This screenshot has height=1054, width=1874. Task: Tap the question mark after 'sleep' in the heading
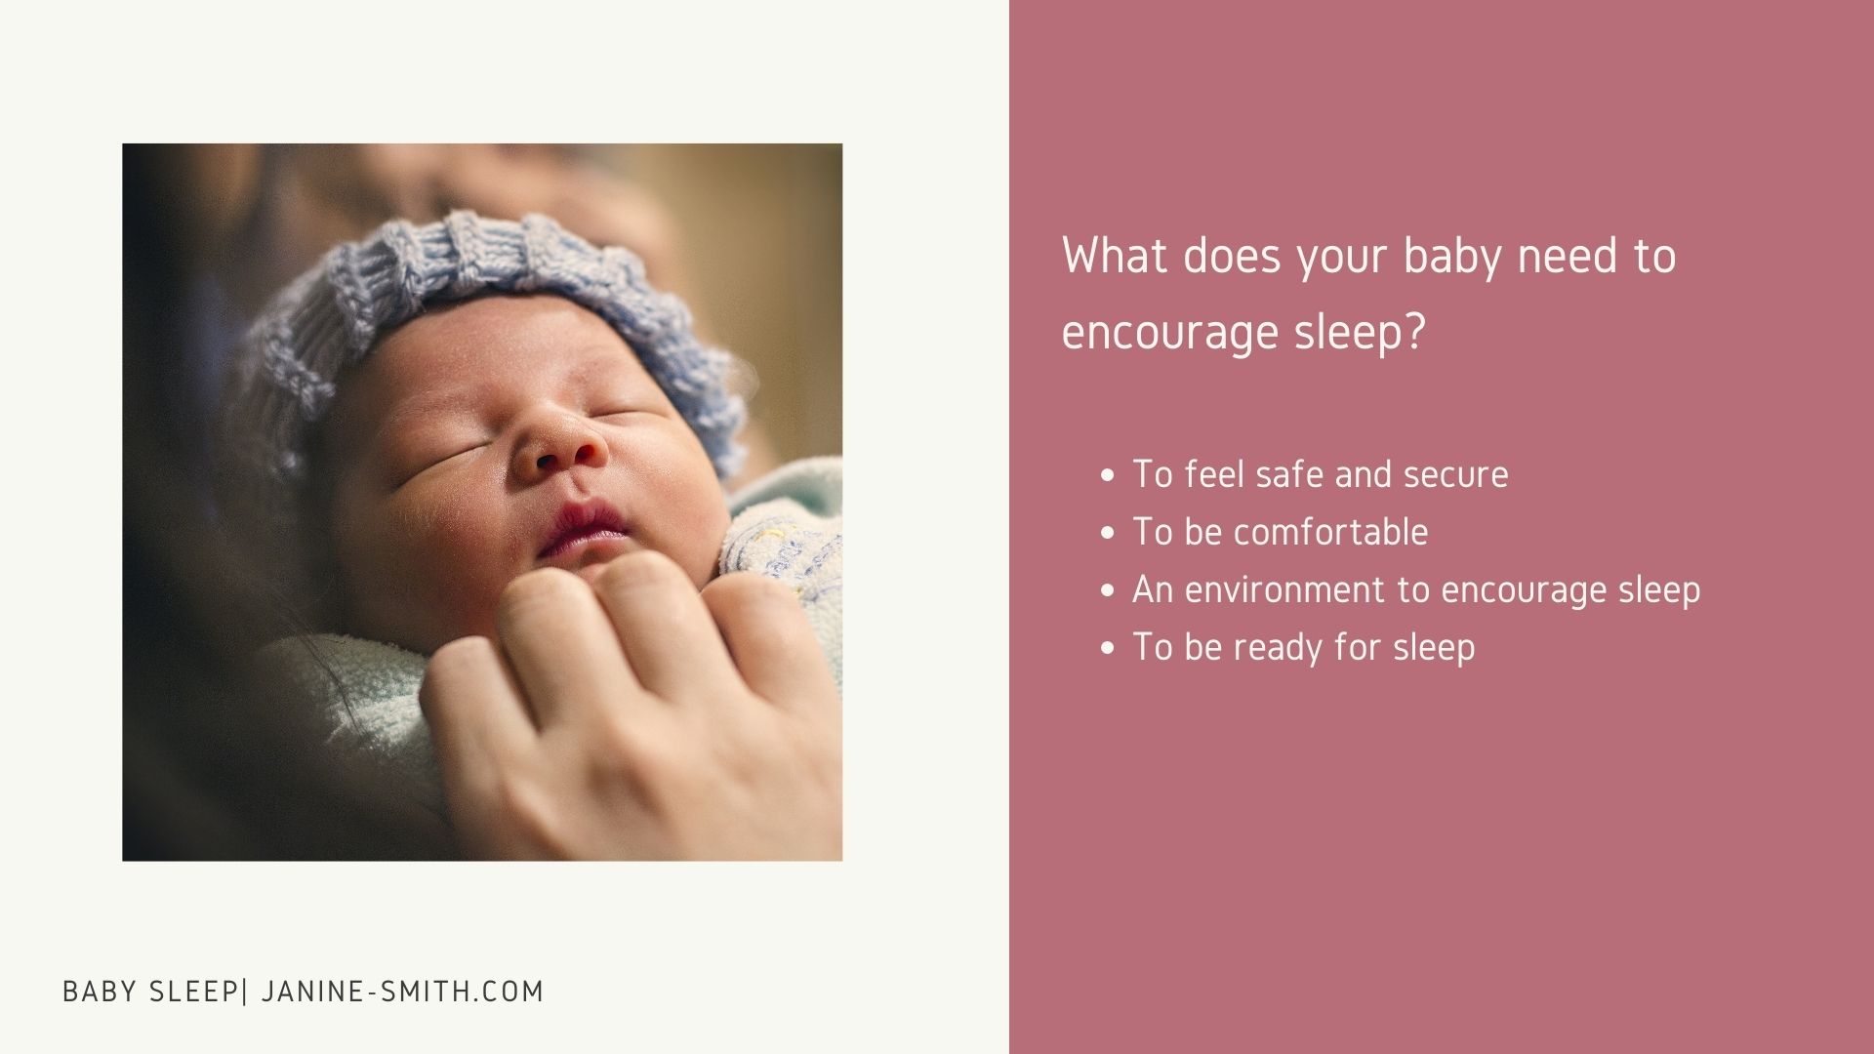1414,331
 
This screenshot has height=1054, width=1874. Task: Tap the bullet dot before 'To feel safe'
1107,476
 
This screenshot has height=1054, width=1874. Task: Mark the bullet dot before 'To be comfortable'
1107,534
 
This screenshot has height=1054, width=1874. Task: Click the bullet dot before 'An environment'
1107,591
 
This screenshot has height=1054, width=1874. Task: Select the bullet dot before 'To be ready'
1107,649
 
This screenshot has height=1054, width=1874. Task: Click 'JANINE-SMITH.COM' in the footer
402,992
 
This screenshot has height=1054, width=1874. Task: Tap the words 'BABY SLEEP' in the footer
149,992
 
